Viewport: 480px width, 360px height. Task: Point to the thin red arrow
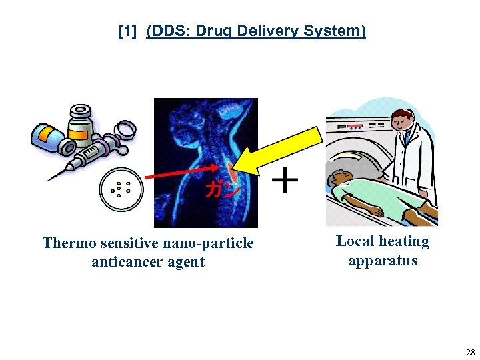(180, 175)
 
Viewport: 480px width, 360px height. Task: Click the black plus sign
(286, 180)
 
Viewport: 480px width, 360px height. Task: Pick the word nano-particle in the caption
(201, 243)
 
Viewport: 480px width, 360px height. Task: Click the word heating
(404, 241)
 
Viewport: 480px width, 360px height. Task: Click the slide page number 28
(470, 352)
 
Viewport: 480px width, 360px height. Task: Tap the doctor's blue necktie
(407, 139)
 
